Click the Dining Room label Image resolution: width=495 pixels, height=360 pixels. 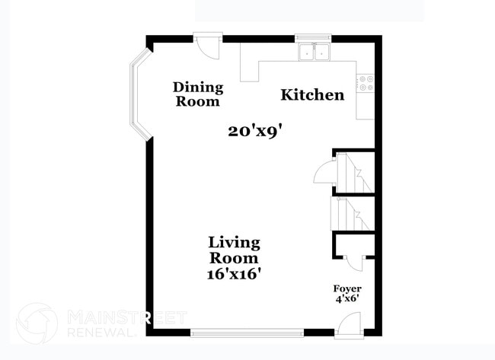pyautogui.click(x=197, y=94)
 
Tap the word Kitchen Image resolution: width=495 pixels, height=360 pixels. pyautogui.click(x=312, y=95)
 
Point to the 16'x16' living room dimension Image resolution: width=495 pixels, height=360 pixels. pyautogui.click(x=235, y=272)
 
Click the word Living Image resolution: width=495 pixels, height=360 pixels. pyautogui.click(x=235, y=243)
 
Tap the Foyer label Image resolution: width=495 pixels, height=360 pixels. pyautogui.click(x=347, y=289)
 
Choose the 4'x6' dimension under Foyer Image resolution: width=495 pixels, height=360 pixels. pyautogui.click(x=347, y=300)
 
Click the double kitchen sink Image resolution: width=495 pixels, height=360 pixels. pyautogui.click(x=314, y=52)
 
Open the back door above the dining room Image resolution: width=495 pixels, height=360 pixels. pyautogui.click(x=206, y=43)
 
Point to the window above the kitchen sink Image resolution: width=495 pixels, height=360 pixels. pyautogui.click(x=313, y=36)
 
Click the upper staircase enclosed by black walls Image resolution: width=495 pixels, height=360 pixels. pyautogui.click(x=354, y=172)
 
